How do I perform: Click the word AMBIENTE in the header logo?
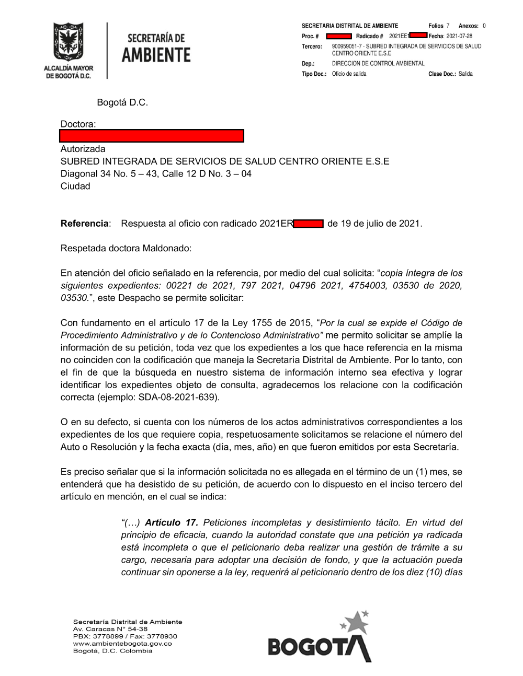tap(156, 55)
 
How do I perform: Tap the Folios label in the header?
tap(436, 26)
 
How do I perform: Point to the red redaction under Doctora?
tap(152, 136)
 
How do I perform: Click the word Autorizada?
tap(83, 149)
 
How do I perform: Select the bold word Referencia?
tap(84, 224)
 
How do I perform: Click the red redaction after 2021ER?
tap(309, 224)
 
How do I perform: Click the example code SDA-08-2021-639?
tap(178, 397)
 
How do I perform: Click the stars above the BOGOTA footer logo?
tap(356, 621)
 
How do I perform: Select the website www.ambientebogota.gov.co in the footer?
tap(122, 644)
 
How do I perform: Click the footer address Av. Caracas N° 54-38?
tap(110, 629)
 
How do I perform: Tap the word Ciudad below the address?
tap(75, 187)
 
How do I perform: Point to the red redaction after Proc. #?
tap(338, 36)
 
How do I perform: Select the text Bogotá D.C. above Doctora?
tap(122, 102)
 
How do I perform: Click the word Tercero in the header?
tap(312, 46)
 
